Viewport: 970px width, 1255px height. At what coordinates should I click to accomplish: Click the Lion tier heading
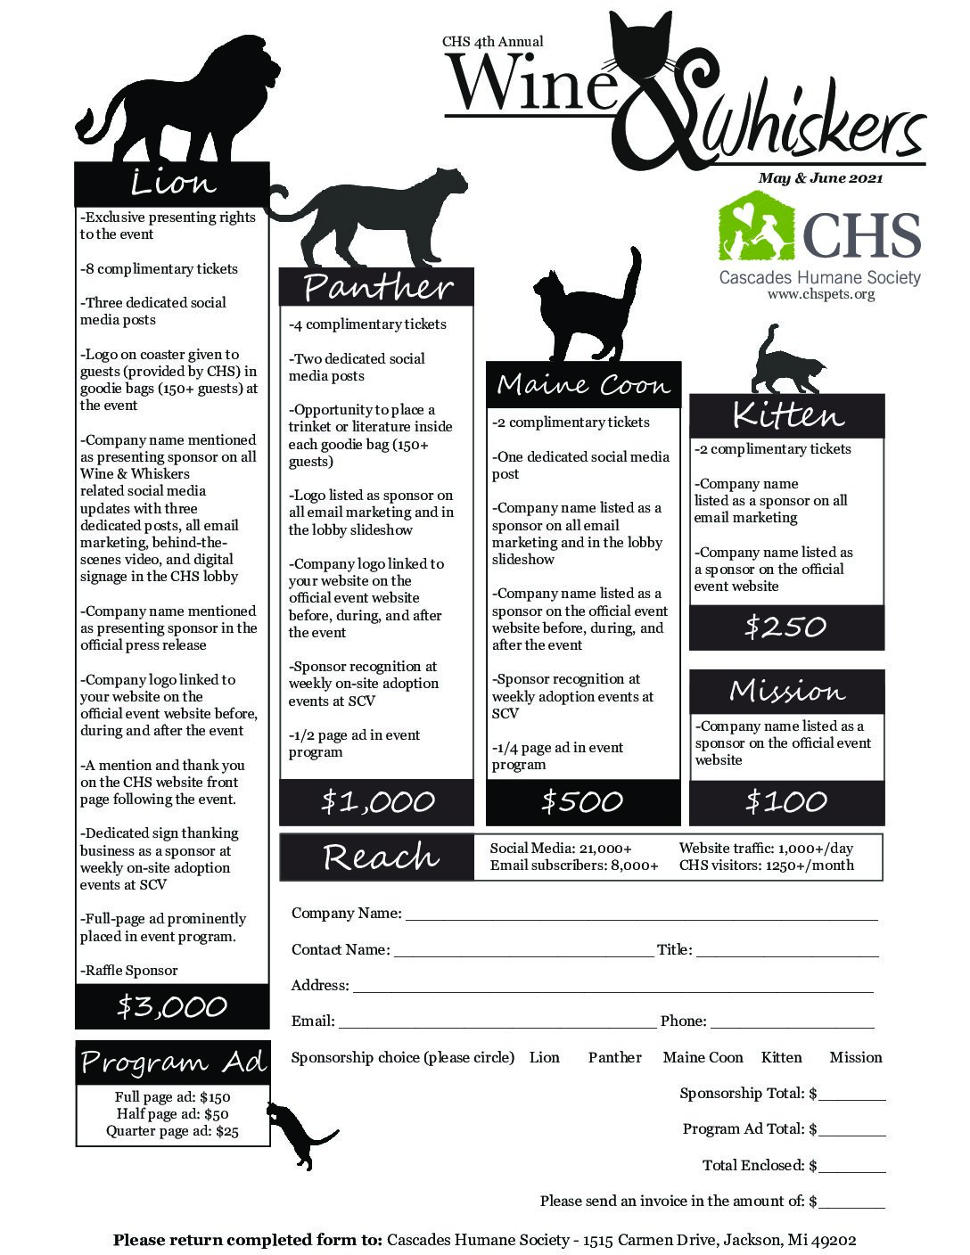[x=172, y=184]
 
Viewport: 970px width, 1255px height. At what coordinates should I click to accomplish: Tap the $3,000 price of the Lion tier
[x=172, y=1007]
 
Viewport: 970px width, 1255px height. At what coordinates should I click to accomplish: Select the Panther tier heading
[x=376, y=287]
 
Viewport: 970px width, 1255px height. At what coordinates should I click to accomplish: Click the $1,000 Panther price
[x=377, y=802]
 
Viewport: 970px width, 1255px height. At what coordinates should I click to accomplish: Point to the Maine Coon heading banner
[x=583, y=385]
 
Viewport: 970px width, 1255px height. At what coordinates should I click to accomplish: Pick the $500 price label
[x=582, y=802]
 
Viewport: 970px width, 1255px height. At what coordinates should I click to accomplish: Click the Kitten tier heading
[x=786, y=416]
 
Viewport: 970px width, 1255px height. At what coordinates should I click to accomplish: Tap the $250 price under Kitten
[x=786, y=627]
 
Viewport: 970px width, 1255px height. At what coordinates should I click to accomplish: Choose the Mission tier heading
[x=786, y=692]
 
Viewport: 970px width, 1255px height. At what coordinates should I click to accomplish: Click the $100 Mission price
[x=786, y=802]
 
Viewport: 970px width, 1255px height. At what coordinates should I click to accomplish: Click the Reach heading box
[x=380, y=857]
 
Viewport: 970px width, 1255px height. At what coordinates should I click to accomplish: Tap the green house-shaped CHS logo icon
[x=757, y=230]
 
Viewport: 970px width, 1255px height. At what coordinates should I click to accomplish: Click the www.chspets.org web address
[x=820, y=294]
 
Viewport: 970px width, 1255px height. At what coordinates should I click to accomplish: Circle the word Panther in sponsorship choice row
[x=614, y=1058]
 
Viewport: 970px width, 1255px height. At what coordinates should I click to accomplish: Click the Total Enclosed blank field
[x=852, y=1166]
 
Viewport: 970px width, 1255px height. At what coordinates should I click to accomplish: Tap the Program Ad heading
[x=172, y=1062]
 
